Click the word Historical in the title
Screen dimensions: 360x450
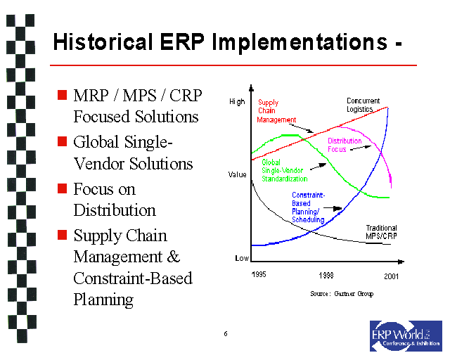(x=103, y=41)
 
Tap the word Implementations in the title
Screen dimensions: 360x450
(x=288, y=41)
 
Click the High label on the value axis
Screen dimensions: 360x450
(x=238, y=102)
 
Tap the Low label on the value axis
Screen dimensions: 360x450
(x=241, y=259)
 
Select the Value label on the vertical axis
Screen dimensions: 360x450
(x=238, y=174)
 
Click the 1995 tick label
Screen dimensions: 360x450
(x=259, y=274)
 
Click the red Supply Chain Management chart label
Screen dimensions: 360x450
(x=276, y=111)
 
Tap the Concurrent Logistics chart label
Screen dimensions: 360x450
(x=364, y=105)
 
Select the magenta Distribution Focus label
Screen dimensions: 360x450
(x=345, y=146)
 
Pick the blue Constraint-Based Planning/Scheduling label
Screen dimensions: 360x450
(x=308, y=207)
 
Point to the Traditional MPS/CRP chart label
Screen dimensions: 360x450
(x=381, y=231)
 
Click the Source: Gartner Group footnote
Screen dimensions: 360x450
(x=342, y=293)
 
